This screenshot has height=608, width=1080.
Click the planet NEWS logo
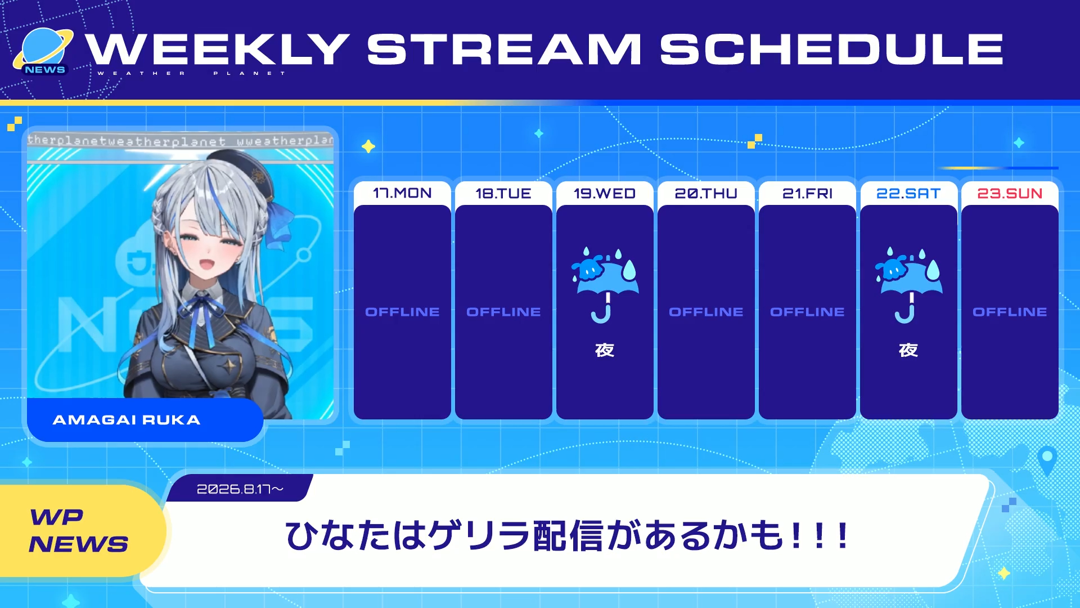pyautogui.click(x=43, y=52)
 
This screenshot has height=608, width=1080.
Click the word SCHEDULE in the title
pyautogui.click(x=831, y=49)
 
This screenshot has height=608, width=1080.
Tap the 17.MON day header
pyautogui.click(x=402, y=193)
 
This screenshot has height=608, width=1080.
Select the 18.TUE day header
pyautogui.click(x=503, y=193)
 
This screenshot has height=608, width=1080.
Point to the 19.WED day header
pyautogui.click(x=605, y=193)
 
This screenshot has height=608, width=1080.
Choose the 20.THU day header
pyautogui.click(x=706, y=193)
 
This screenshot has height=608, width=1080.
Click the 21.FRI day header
pyautogui.click(x=807, y=193)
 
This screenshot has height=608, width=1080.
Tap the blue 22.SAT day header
pyautogui.click(x=908, y=193)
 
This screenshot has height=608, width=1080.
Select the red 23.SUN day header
pyautogui.click(x=1010, y=193)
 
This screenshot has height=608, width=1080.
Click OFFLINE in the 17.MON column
pyautogui.click(x=402, y=312)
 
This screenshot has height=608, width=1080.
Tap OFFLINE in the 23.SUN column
pyautogui.click(x=1010, y=312)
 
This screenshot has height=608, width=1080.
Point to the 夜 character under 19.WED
pyautogui.click(x=605, y=350)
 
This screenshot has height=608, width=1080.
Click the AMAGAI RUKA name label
pyautogui.click(x=127, y=420)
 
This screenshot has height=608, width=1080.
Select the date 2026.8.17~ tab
pyautogui.click(x=240, y=489)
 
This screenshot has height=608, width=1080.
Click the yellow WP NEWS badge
pyautogui.click(x=79, y=530)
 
